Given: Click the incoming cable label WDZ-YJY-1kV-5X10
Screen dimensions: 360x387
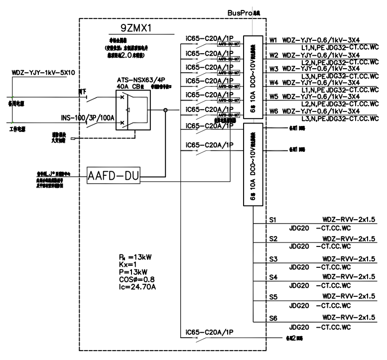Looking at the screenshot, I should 43,73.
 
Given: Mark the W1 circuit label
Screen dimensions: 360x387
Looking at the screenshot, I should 273,39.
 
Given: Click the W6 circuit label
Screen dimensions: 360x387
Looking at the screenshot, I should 273,111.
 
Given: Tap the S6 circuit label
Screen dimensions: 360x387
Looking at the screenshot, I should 273,317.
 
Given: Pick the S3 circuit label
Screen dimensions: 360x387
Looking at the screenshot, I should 273,259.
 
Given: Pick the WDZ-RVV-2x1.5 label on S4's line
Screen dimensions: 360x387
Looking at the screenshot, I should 348,276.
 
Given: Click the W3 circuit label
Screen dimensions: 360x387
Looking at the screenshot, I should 273,68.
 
